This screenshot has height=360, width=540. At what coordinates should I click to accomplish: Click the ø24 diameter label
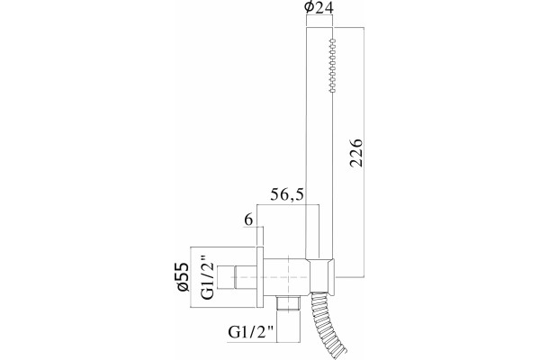click(319, 7)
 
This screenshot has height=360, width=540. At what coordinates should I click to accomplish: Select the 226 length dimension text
click(355, 153)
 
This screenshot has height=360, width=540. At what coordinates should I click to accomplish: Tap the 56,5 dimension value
click(287, 195)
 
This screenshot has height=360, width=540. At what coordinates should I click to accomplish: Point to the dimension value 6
click(248, 220)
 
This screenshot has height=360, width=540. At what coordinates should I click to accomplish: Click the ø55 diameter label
click(184, 277)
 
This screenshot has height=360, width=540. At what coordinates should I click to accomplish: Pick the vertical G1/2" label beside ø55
click(209, 277)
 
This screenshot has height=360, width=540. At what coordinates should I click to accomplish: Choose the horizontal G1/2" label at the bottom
click(250, 333)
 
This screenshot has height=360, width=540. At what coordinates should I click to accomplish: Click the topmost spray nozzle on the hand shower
click(332, 40)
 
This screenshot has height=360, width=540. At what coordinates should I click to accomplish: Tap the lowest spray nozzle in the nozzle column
click(332, 90)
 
